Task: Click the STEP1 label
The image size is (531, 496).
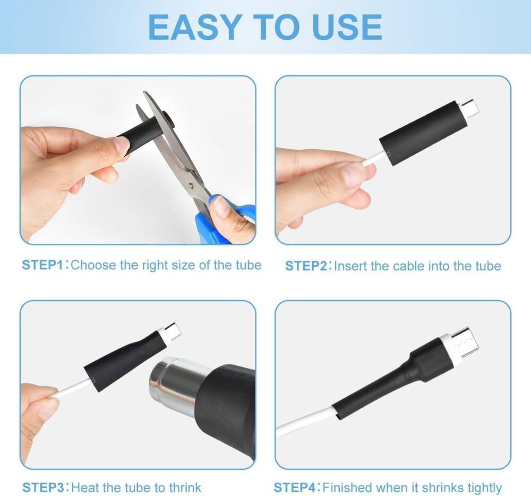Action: pyautogui.click(x=42, y=265)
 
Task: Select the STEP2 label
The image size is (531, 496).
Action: pyautogui.click(x=306, y=266)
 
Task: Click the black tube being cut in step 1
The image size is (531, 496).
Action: pyautogui.click(x=141, y=135)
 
